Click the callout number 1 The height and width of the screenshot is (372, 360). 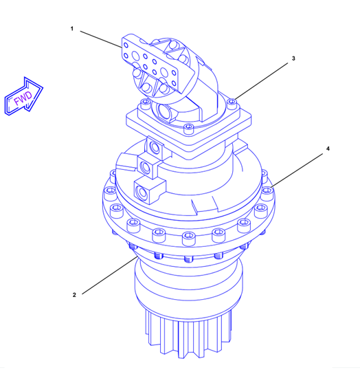(x=72, y=29)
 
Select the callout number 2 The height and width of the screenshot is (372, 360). (x=74, y=295)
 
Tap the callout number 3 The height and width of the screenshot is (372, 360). (x=293, y=58)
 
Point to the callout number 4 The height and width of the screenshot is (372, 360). (x=328, y=149)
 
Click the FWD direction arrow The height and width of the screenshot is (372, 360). (x=23, y=96)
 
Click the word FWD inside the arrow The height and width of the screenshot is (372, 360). (x=23, y=98)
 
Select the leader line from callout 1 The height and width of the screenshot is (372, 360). (x=101, y=39)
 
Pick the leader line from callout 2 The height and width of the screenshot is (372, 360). (x=110, y=275)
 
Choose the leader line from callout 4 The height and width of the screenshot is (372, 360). (x=297, y=170)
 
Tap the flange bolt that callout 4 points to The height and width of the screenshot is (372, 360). (x=267, y=192)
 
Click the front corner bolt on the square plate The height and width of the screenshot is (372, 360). (x=189, y=129)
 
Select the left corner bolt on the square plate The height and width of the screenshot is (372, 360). (x=146, y=104)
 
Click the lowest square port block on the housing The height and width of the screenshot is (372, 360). (x=149, y=191)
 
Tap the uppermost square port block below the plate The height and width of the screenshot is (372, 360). (x=155, y=147)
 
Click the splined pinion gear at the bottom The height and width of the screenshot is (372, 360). (x=189, y=334)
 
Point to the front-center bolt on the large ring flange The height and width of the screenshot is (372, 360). (x=189, y=238)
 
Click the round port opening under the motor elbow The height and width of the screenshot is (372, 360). (x=165, y=111)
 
